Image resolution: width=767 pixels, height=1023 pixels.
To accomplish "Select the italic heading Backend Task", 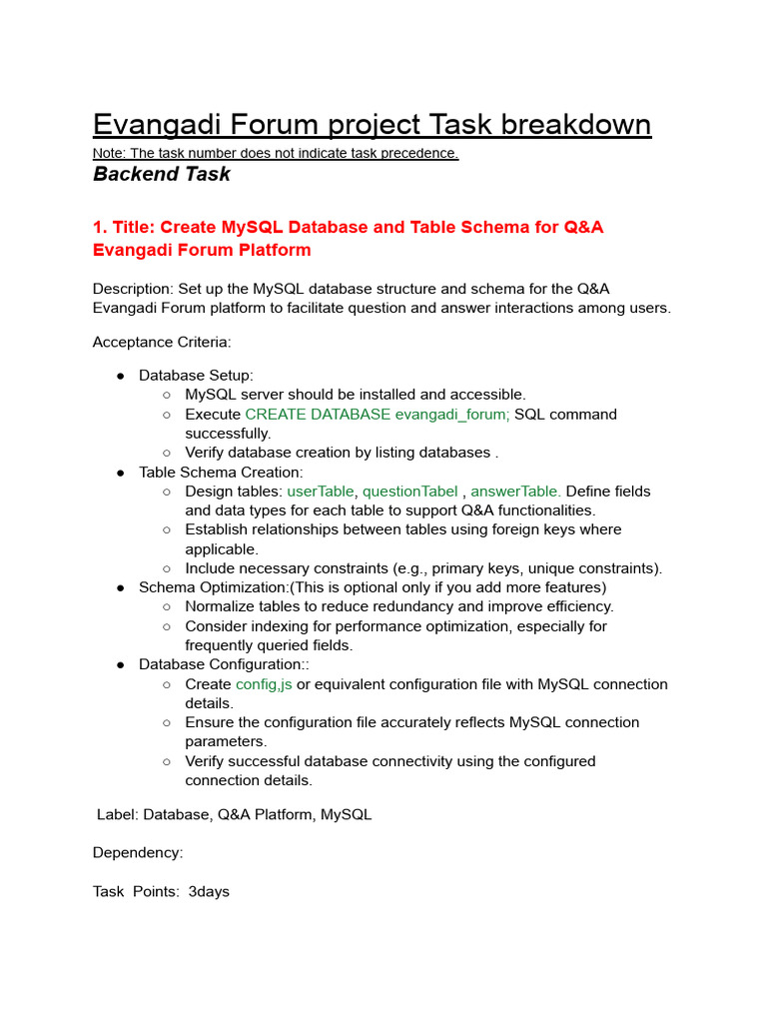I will (161, 174).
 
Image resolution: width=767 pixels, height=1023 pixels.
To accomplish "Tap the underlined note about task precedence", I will (276, 153).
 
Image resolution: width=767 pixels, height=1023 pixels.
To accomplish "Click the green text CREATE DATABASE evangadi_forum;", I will (377, 414).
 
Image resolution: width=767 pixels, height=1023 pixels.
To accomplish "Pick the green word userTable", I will (320, 492).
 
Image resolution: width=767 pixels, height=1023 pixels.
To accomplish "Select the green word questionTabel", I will (409, 492).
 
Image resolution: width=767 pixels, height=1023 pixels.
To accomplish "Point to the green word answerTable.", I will (515, 492).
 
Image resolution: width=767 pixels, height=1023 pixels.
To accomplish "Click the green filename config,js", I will (264, 684).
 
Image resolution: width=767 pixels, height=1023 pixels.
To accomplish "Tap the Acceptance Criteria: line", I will (162, 342).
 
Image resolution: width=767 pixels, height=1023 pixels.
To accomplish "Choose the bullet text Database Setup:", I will (196, 376).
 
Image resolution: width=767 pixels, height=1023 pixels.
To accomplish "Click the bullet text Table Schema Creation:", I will (221, 472).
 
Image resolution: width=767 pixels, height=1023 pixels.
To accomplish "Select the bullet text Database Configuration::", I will (225, 664).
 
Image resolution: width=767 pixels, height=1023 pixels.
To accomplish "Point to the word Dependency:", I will (138, 853).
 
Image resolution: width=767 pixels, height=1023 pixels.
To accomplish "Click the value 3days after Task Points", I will (209, 891).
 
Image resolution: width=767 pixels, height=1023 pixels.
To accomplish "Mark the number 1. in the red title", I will (100, 227).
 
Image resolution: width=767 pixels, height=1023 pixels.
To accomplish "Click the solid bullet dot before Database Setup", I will (120, 376).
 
